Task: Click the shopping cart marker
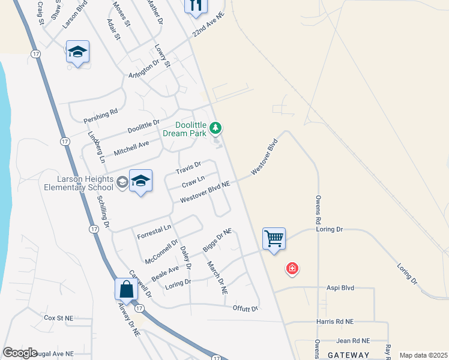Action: tap(274, 239)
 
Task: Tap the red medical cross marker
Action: tap(292, 268)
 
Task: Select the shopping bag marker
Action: tap(127, 289)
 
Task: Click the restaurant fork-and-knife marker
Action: tap(196, 5)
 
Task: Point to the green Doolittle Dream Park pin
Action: tap(216, 128)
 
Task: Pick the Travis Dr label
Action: tap(188, 167)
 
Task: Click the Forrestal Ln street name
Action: tap(154, 229)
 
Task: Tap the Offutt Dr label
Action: tap(245, 308)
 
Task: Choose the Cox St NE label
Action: tap(59, 317)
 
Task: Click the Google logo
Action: tap(20, 353)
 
